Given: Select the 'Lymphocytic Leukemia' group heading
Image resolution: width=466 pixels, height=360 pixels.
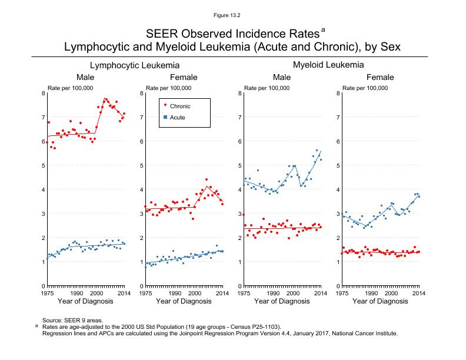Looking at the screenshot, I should point(135,65).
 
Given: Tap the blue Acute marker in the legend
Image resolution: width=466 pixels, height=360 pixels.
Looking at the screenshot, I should point(165,118).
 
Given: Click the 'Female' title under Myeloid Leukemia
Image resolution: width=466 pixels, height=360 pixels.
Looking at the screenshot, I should point(380,78).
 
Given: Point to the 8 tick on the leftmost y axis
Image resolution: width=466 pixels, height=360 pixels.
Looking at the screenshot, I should point(42,93).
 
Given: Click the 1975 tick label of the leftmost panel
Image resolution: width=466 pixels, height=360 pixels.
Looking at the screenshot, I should point(47,292).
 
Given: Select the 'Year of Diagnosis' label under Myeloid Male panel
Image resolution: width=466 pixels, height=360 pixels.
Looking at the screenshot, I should point(282,301).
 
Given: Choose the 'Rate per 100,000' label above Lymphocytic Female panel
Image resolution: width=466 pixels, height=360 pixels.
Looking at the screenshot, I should point(168,88).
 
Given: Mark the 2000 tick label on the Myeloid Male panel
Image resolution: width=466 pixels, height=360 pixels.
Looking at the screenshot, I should point(292,292).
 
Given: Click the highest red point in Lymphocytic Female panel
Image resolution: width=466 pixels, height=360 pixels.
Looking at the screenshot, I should point(207,179).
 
